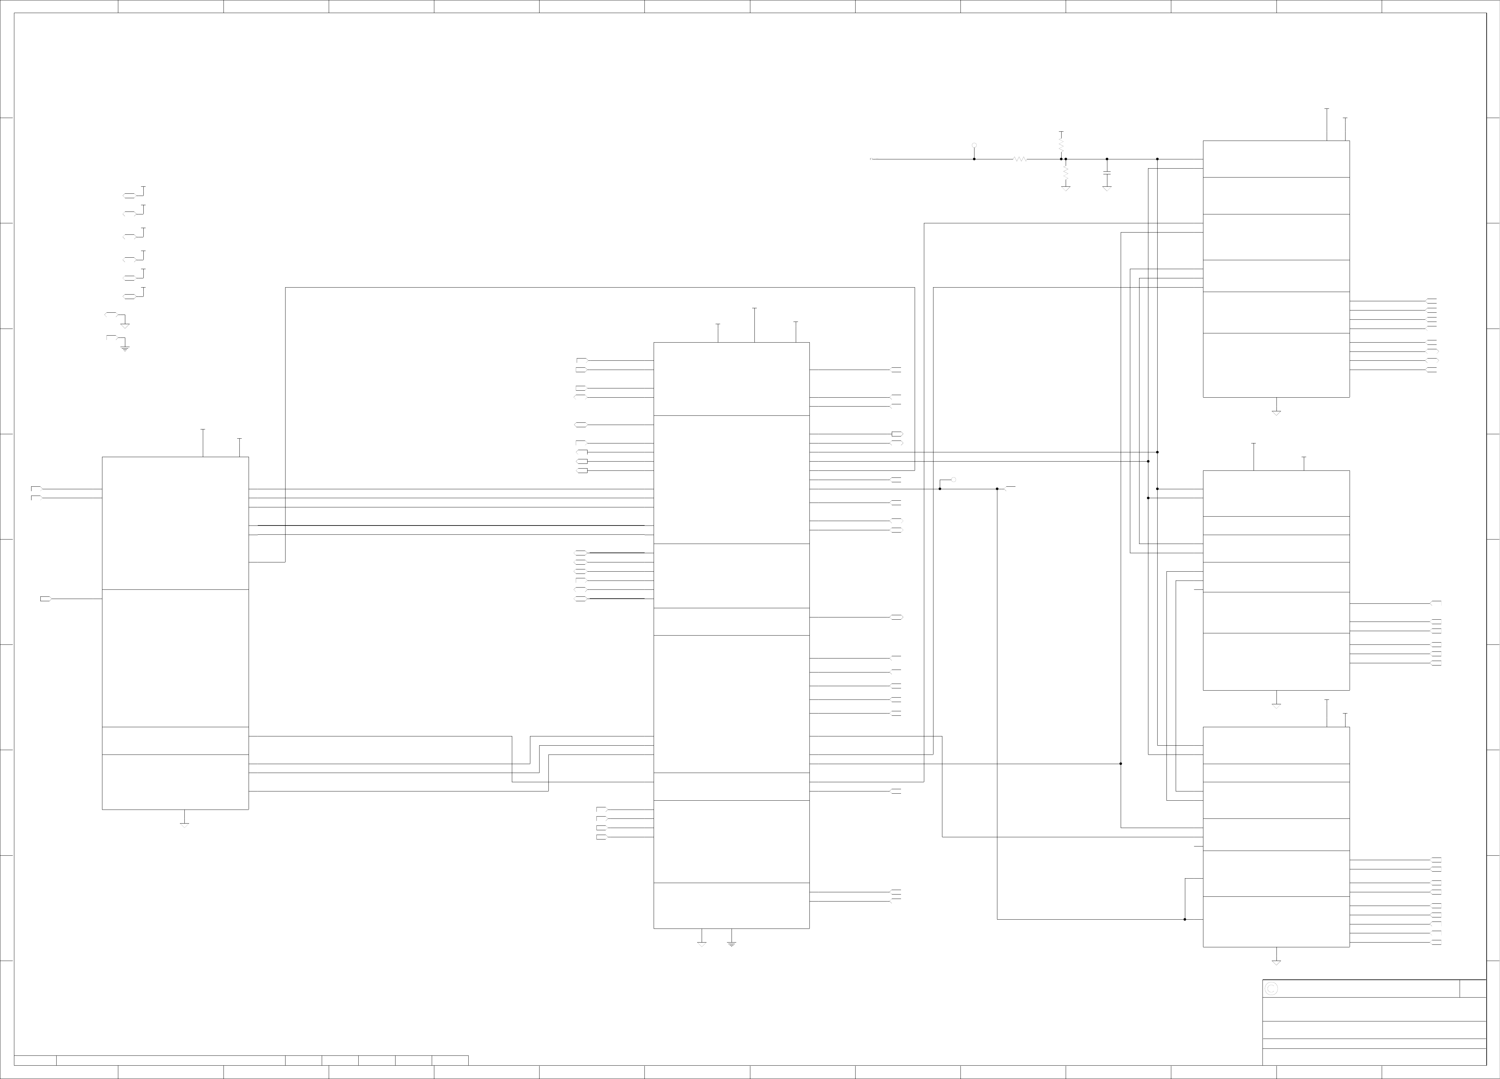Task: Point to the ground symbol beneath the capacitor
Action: pyautogui.click(x=1107, y=189)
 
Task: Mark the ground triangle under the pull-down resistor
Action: pyautogui.click(x=1065, y=189)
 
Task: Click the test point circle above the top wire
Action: pyautogui.click(x=974, y=145)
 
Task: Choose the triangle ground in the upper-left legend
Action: pyautogui.click(x=125, y=325)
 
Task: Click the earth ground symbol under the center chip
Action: pyautogui.click(x=732, y=944)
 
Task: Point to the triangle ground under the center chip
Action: pyautogui.click(x=702, y=944)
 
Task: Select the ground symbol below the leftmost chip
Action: pyautogui.click(x=184, y=825)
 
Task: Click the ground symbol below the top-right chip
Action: pyautogui.click(x=1276, y=413)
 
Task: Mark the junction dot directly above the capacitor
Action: pyautogui.click(x=1107, y=159)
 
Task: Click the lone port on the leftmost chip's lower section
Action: pyautogui.click(x=45, y=599)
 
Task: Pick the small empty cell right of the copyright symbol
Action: pyautogui.click(x=1473, y=988)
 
